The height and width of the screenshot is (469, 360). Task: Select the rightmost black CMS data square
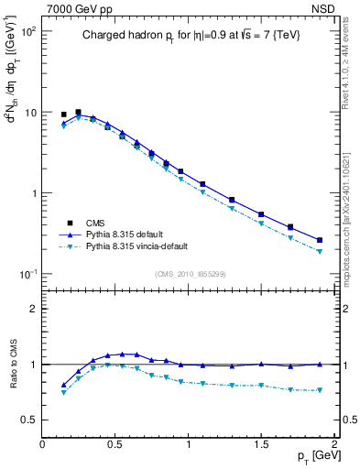pyautogui.click(x=320, y=240)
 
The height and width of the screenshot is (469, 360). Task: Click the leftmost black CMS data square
pyautogui.click(x=63, y=115)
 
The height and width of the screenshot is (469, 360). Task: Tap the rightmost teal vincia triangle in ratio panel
pyautogui.click(x=320, y=390)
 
